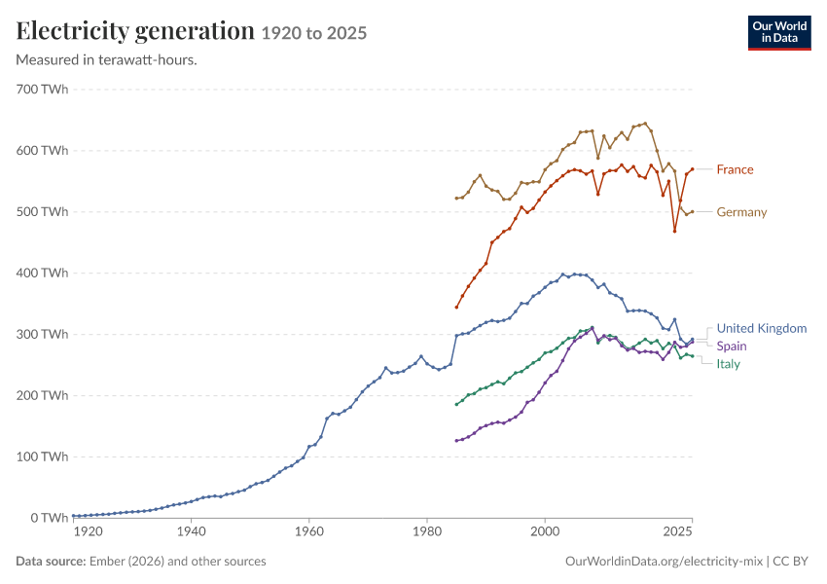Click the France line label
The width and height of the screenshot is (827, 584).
point(735,169)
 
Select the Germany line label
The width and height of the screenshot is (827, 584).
point(741,212)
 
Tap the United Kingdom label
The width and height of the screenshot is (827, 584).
point(762,328)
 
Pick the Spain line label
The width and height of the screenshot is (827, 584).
point(732,347)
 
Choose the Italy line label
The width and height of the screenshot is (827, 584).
point(729,364)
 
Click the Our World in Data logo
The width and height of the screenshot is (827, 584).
point(779,33)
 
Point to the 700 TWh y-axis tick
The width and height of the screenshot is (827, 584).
point(42,90)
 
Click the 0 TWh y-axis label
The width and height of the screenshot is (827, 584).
point(49,518)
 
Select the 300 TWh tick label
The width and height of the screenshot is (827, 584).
point(42,334)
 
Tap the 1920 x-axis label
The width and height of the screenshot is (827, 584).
point(88,531)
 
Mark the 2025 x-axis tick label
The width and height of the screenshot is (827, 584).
point(677,531)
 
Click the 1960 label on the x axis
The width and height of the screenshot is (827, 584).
point(309,531)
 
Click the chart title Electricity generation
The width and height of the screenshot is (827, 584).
point(135,30)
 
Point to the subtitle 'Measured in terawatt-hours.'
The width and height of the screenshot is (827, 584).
point(107,59)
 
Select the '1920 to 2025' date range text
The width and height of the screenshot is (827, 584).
point(314,33)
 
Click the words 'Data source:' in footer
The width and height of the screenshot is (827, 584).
point(51,561)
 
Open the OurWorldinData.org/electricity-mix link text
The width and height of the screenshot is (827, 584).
point(664,561)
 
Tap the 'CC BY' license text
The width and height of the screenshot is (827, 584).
point(790,561)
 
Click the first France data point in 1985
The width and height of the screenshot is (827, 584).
point(456,307)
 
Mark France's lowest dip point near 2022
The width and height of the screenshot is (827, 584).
point(674,231)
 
